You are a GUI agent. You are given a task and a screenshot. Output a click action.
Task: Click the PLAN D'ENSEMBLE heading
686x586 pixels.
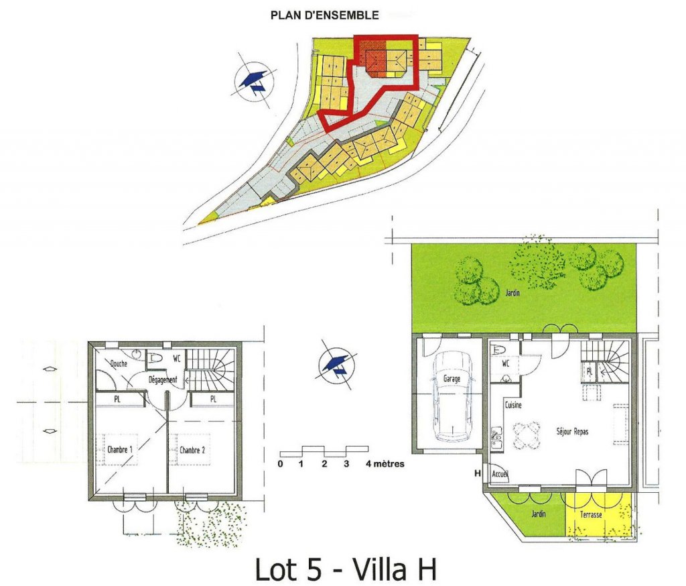coord(324,15)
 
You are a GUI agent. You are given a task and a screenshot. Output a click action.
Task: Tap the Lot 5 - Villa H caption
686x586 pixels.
coord(346,569)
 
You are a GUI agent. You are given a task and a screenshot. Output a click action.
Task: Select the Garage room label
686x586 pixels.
coord(452,378)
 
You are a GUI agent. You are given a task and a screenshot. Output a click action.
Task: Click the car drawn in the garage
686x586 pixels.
coord(452,397)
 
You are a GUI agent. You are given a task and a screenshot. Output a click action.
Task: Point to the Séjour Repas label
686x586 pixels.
coord(572,431)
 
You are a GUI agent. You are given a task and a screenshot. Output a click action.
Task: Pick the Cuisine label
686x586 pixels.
coord(513,405)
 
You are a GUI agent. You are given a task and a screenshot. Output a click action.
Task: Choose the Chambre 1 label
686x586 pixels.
coord(119,449)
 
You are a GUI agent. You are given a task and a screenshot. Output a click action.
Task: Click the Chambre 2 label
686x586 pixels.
coord(192,450)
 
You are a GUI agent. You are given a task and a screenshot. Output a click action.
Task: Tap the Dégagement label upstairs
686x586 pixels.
coord(163,380)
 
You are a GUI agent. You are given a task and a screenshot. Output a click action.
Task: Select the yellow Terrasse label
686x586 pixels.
coord(591,515)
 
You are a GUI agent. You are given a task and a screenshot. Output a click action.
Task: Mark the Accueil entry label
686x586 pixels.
coord(500,474)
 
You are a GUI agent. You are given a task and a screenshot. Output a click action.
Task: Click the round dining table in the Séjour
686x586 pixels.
coord(527,436)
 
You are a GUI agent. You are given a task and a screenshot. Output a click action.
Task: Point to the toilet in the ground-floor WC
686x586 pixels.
coord(498,350)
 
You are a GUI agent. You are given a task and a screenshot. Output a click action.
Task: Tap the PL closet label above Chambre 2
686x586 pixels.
coord(213,400)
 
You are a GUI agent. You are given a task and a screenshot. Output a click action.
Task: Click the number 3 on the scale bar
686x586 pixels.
coord(346,464)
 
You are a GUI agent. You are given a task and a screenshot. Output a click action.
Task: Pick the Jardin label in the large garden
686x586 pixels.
coord(512,292)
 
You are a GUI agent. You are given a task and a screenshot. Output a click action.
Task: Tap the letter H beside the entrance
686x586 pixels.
coord(477,473)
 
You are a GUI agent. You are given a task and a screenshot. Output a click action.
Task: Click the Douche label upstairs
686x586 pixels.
coord(119,363)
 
